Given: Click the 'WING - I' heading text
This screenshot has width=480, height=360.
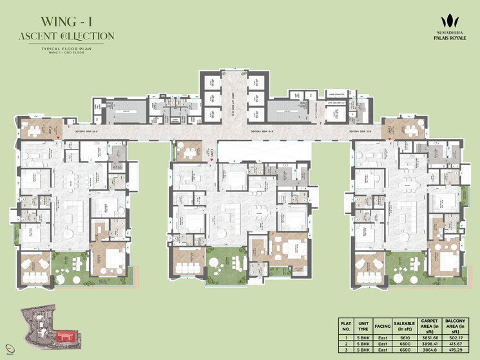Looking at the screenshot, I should (x=66, y=19).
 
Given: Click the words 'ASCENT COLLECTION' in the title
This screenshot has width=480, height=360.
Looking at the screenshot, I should (x=66, y=36).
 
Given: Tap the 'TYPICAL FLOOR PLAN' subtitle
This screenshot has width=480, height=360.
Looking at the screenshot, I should (x=66, y=48).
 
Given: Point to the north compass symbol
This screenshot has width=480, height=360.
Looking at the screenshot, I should (x=8, y=349).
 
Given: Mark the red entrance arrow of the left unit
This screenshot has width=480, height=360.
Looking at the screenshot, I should (x=59, y=137).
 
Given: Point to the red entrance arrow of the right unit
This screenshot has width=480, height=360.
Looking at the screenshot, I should (x=389, y=137).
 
